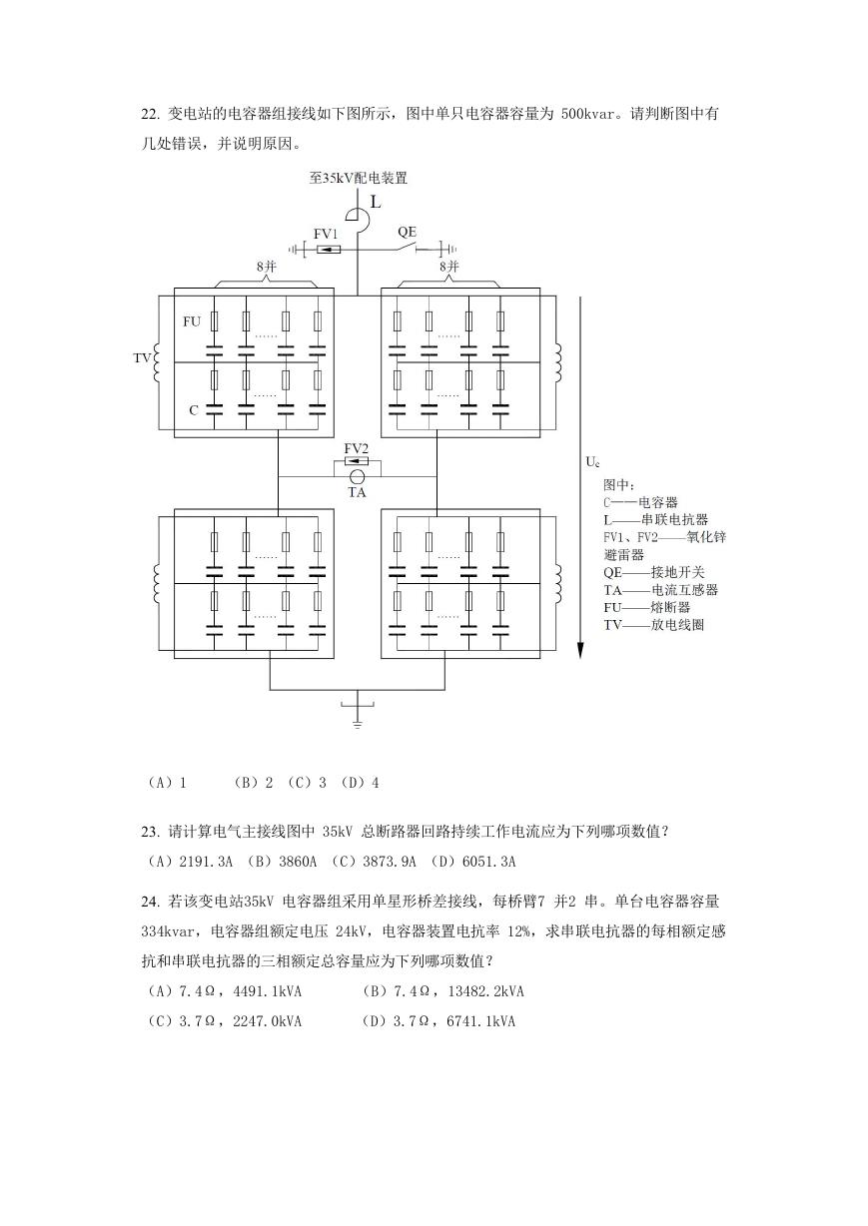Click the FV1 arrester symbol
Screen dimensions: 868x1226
click(x=330, y=250)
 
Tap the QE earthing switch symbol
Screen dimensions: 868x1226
click(x=405, y=248)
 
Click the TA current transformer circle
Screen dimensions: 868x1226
click(x=358, y=476)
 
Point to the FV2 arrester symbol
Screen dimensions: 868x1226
click(x=357, y=461)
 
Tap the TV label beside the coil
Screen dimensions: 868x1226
click(x=142, y=358)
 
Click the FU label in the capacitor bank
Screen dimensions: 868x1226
click(x=192, y=321)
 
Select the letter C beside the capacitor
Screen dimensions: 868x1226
click(x=194, y=410)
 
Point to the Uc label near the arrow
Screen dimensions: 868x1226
click(x=592, y=462)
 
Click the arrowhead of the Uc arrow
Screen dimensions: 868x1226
click(x=581, y=650)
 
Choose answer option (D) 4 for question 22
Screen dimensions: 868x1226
click(x=360, y=783)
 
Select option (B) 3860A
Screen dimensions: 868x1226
click(x=282, y=862)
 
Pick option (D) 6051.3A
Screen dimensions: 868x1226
click(x=473, y=862)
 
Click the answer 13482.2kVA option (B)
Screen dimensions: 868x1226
click(x=443, y=991)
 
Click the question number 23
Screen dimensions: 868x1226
click(x=150, y=832)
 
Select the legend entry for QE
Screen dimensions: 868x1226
click(x=654, y=572)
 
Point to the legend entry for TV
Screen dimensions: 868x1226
click(x=654, y=625)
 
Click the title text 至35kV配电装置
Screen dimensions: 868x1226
click(x=359, y=178)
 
